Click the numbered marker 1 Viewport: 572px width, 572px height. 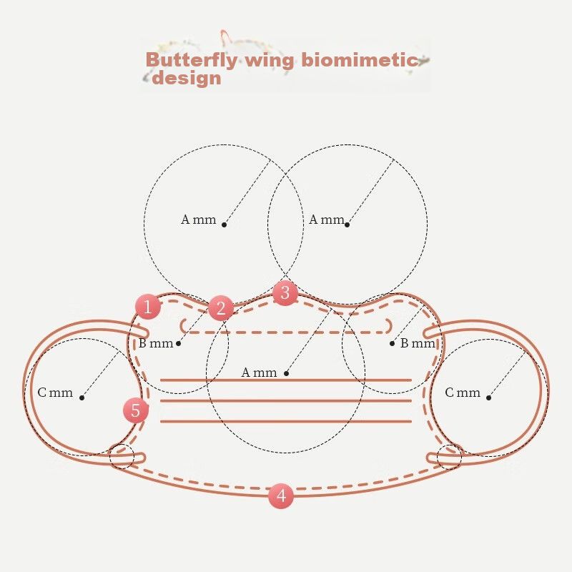coord(148,307)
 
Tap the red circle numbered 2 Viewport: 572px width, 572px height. coord(220,308)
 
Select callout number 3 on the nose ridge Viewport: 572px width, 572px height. coord(285,292)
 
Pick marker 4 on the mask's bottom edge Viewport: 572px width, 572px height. coord(281,496)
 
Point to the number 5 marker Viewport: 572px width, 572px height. coord(136,410)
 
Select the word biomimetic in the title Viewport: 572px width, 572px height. coord(358,60)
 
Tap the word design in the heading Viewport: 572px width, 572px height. coord(187,78)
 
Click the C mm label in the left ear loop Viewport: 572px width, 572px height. coord(55,393)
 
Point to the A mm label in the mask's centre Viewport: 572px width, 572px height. coord(259,373)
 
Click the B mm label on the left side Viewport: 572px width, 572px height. coord(156,343)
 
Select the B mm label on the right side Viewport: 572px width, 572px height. coord(418,343)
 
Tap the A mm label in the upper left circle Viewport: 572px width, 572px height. coord(198,220)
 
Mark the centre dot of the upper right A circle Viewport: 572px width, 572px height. coord(347,224)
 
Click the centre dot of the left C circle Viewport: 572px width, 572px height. coord(82,397)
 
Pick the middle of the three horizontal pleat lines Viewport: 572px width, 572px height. coord(286,400)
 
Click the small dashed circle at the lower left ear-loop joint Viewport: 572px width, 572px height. coord(122,456)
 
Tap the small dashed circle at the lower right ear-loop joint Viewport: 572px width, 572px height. coord(450,456)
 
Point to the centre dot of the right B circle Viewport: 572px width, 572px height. coord(393,344)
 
